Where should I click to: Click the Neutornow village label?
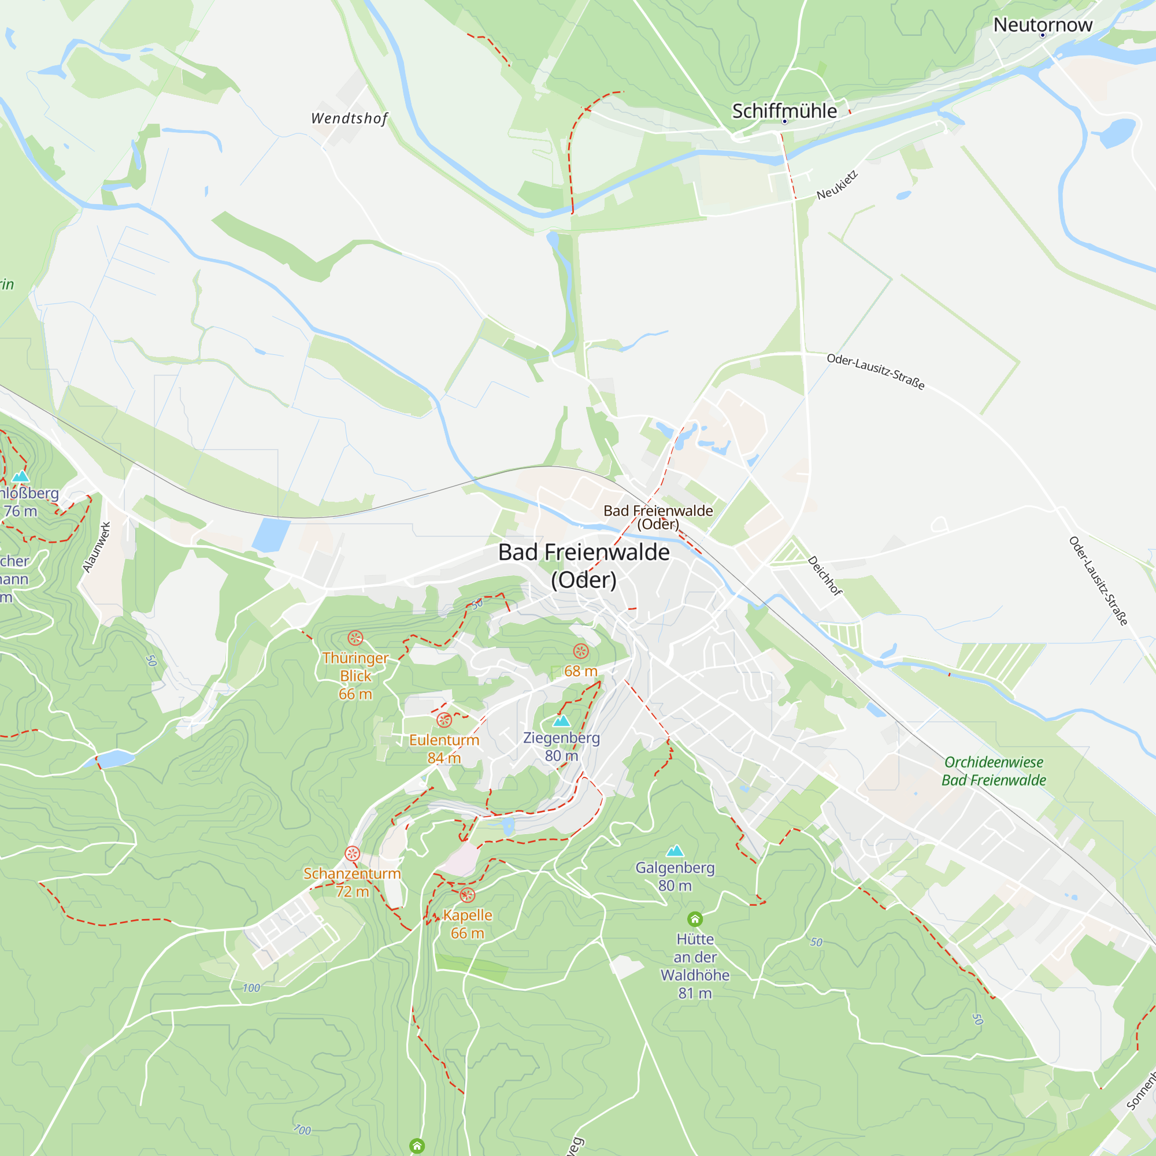coord(1042,24)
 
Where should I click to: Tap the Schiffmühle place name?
coord(784,111)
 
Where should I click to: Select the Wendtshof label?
coord(350,118)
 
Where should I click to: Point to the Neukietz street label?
coord(837,186)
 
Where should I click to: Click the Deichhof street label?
coord(825,576)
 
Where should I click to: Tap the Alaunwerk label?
coord(97,547)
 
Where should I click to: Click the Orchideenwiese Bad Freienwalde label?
coord(993,770)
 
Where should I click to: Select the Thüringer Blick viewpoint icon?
coord(355,638)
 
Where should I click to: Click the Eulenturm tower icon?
coord(443,720)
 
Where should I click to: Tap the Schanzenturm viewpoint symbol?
coord(353,853)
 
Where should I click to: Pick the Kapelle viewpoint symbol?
coord(467,895)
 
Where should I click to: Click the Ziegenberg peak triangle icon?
coord(561,721)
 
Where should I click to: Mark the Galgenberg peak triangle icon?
coord(675,850)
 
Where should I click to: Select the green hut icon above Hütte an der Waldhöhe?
coord(695,919)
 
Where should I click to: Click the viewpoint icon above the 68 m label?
coord(580,651)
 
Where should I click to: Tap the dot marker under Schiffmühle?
coord(784,121)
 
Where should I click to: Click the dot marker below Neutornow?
coord(1042,35)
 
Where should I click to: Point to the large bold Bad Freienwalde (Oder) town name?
coord(583,565)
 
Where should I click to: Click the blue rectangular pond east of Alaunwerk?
coord(271,535)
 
